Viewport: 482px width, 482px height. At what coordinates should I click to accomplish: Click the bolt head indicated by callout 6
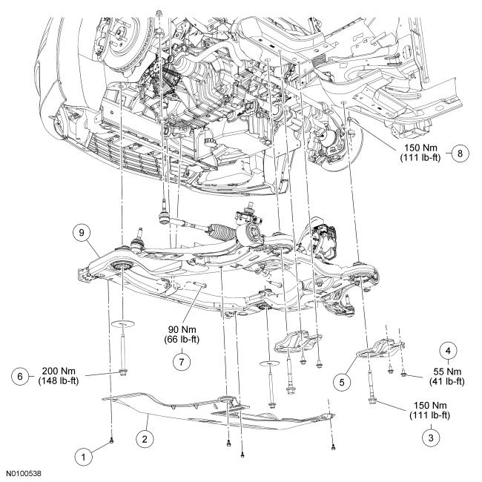[119, 372]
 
